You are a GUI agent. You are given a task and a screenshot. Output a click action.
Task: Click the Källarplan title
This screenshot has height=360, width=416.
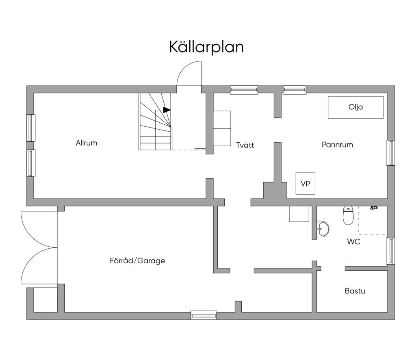coord(206,47)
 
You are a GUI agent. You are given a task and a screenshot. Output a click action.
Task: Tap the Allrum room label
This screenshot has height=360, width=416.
coord(87,143)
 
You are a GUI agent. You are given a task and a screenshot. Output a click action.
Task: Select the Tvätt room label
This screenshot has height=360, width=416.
coord(245,145)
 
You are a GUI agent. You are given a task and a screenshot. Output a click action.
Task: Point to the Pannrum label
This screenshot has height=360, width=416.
coord(337,145)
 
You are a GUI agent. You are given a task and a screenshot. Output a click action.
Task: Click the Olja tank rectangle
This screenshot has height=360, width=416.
coord(355,107)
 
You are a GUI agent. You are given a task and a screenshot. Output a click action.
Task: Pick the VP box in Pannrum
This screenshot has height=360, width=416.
coord(305,184)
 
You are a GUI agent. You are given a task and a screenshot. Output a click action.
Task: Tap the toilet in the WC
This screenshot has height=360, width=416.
coord(348,215)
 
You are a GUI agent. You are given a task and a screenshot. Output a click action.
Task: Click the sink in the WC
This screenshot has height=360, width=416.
coord(323,229)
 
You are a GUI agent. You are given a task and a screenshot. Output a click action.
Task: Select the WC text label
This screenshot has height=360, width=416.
coord(353,241)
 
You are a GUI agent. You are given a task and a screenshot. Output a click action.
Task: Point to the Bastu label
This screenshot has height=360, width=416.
coord(355,291)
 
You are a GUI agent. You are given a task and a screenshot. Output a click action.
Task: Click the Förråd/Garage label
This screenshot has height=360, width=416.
coord(137,261)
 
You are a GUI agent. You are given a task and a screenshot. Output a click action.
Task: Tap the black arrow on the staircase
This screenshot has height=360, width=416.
coord(167,110)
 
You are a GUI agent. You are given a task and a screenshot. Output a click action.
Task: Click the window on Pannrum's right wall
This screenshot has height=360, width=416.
coord(390,153)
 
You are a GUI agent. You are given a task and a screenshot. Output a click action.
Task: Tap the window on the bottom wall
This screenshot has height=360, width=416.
coord(204,315)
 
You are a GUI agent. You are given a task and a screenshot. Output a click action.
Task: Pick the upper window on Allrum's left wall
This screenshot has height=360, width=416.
coord(31,128)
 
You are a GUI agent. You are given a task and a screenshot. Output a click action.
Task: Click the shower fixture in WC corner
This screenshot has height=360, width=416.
coord(373,208)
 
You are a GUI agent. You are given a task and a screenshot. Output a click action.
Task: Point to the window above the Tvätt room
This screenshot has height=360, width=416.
coord(244,90)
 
